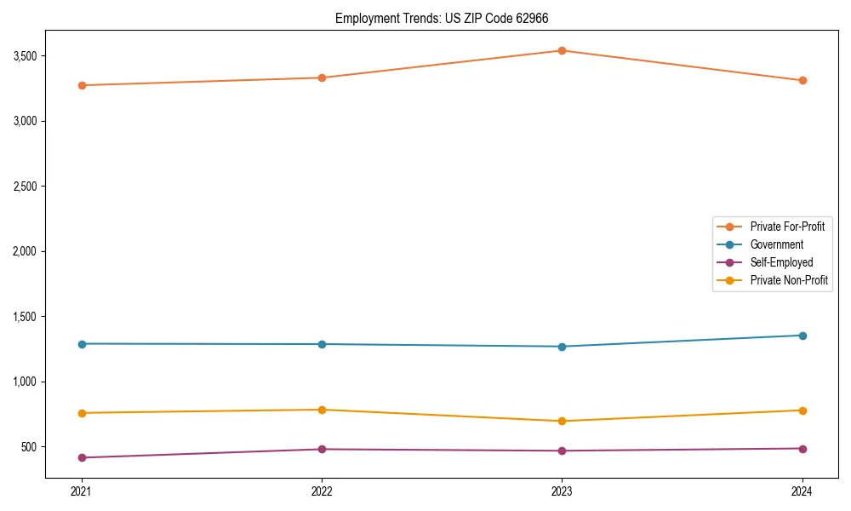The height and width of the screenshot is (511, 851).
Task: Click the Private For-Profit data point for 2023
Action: pyautogui.click(x=562, y=51)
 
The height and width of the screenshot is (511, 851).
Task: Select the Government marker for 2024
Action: pyautogui.click(x=802, y=336)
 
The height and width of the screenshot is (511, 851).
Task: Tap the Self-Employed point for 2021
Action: pyautogui.click(x=82, y=458)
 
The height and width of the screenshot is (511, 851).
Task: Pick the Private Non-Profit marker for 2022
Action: pyautogui.click(x=322, y=410)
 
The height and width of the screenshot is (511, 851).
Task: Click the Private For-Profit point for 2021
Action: pyautogui.click(x=82, y=85)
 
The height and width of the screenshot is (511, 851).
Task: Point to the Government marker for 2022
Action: pyautogui.click(x=322, y=344)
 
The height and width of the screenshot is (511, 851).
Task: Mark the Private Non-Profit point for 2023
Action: pyautogui.click(x=562, y=422)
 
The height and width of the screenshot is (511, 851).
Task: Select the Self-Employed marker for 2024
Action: pyautogui.click(x=802, y=449)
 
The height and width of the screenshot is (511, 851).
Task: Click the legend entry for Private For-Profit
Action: pyautogui.click(x=786, y=227)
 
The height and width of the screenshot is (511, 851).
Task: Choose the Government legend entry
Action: pyautogui.click(x=776, y=244)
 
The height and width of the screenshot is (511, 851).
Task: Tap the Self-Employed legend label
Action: pyautogui.click(x=781, y=262)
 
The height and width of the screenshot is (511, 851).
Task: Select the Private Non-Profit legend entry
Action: pyautogui.click(x=789, y=280)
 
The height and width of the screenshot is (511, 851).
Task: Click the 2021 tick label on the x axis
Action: pyautogui.click(x=82, y=491)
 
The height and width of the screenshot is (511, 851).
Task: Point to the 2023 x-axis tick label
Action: pyautogui.click(x=562, y=491)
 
